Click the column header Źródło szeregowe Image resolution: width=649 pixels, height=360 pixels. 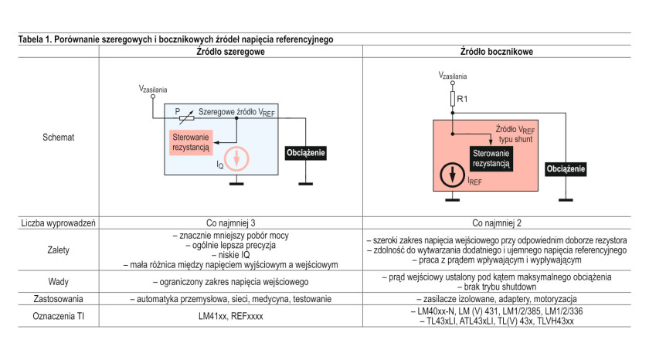click(x=230, y=52)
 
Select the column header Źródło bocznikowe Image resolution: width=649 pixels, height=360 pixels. click(x=497, y=52)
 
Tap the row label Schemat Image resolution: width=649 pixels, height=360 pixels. click(x=59, y=138)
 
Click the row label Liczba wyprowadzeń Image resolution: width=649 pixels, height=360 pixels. click(x=59, y=223)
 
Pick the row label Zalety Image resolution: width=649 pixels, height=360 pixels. click(x=59, y=250)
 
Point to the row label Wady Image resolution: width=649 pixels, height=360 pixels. click(x=59, y=282)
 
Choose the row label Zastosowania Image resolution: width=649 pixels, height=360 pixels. click(x=59, y=299)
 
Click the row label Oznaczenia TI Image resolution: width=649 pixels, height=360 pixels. click(x=59, y=316)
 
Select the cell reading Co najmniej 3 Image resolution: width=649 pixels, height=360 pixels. click(x=230, y=223)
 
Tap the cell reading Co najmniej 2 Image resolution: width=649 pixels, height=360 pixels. click(x=497, y=223)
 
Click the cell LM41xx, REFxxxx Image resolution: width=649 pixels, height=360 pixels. click(x=230, y=316)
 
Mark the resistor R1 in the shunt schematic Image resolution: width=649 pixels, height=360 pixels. click(x=453, y=99)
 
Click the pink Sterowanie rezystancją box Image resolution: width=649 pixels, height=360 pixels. click(x=191, y=142)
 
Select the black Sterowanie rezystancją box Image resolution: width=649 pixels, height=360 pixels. click(x=491, y=158)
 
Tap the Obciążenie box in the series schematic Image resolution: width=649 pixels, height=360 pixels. click(x=306, y=153)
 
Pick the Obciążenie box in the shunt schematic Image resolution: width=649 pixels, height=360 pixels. click(x=566, y=169)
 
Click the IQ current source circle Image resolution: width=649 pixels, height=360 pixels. click(x=236, y=159)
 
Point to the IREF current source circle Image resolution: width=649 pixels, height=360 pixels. click(x=453, y=175)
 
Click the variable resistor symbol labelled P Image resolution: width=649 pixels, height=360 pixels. click(x=187, y=118)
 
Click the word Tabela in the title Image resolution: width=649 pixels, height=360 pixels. click(x=31, y=39)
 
